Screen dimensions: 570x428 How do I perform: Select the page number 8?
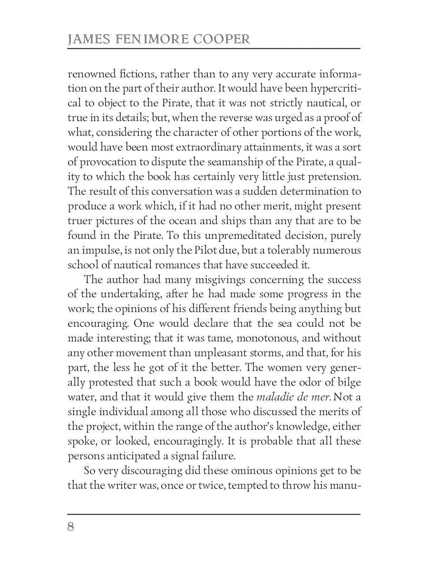click(x=71, y=527)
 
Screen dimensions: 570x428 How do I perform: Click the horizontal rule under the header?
click(x=214, y=49)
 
